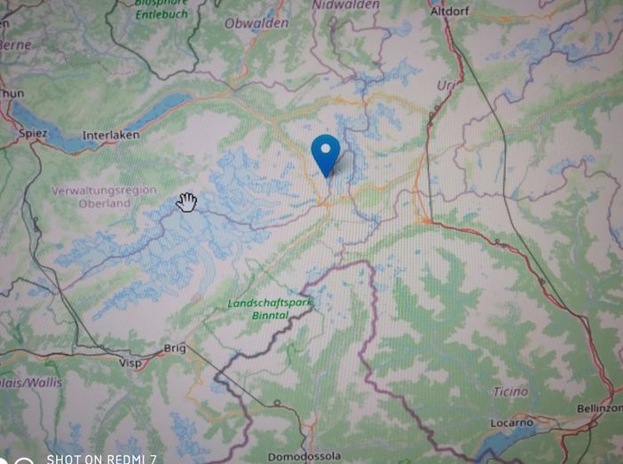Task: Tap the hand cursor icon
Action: (186, 202)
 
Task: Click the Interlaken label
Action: (111, 135)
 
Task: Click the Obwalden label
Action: (256, 23)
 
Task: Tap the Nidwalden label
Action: (345, 5)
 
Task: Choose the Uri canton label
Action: (445, 84)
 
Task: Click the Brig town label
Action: (176, 348)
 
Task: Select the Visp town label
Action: (130, 362)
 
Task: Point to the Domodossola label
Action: (304, 456)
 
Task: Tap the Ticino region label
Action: (510, 391)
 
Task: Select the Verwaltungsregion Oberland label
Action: (104, 197)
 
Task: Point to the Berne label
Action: (14, 44)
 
